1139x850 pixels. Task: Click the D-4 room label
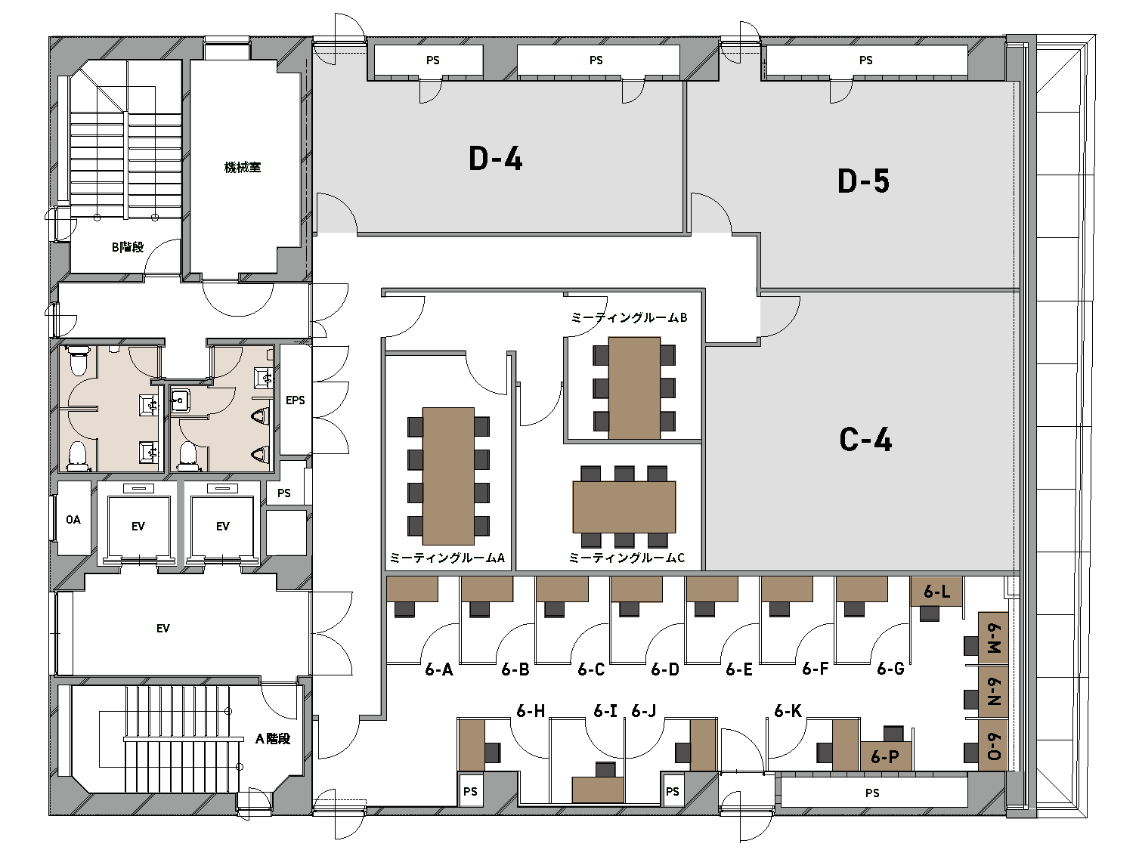[495, 158]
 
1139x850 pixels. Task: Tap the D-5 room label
[863, 181]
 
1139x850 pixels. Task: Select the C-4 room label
[865, 440]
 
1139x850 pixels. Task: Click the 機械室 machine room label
[243, 167]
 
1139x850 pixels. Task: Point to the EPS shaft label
[296, 400]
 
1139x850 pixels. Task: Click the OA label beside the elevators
[73, 519]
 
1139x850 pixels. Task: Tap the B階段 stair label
[128, 247]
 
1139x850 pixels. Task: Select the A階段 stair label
[273, 738]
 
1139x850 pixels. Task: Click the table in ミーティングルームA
[448, 475]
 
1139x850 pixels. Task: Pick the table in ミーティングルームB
[634, 388]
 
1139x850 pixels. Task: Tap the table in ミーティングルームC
[624, 507]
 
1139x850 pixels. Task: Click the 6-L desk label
[936, 591]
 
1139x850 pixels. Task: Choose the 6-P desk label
[885, 756]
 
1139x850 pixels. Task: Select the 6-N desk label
[993, 691]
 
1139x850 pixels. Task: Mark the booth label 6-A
[439, 669]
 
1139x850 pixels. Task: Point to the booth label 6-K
[788, 710]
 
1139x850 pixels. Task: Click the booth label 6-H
[531, 710]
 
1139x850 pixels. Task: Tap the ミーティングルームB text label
[629, 317]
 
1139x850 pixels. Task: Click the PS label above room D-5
[865, 60]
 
